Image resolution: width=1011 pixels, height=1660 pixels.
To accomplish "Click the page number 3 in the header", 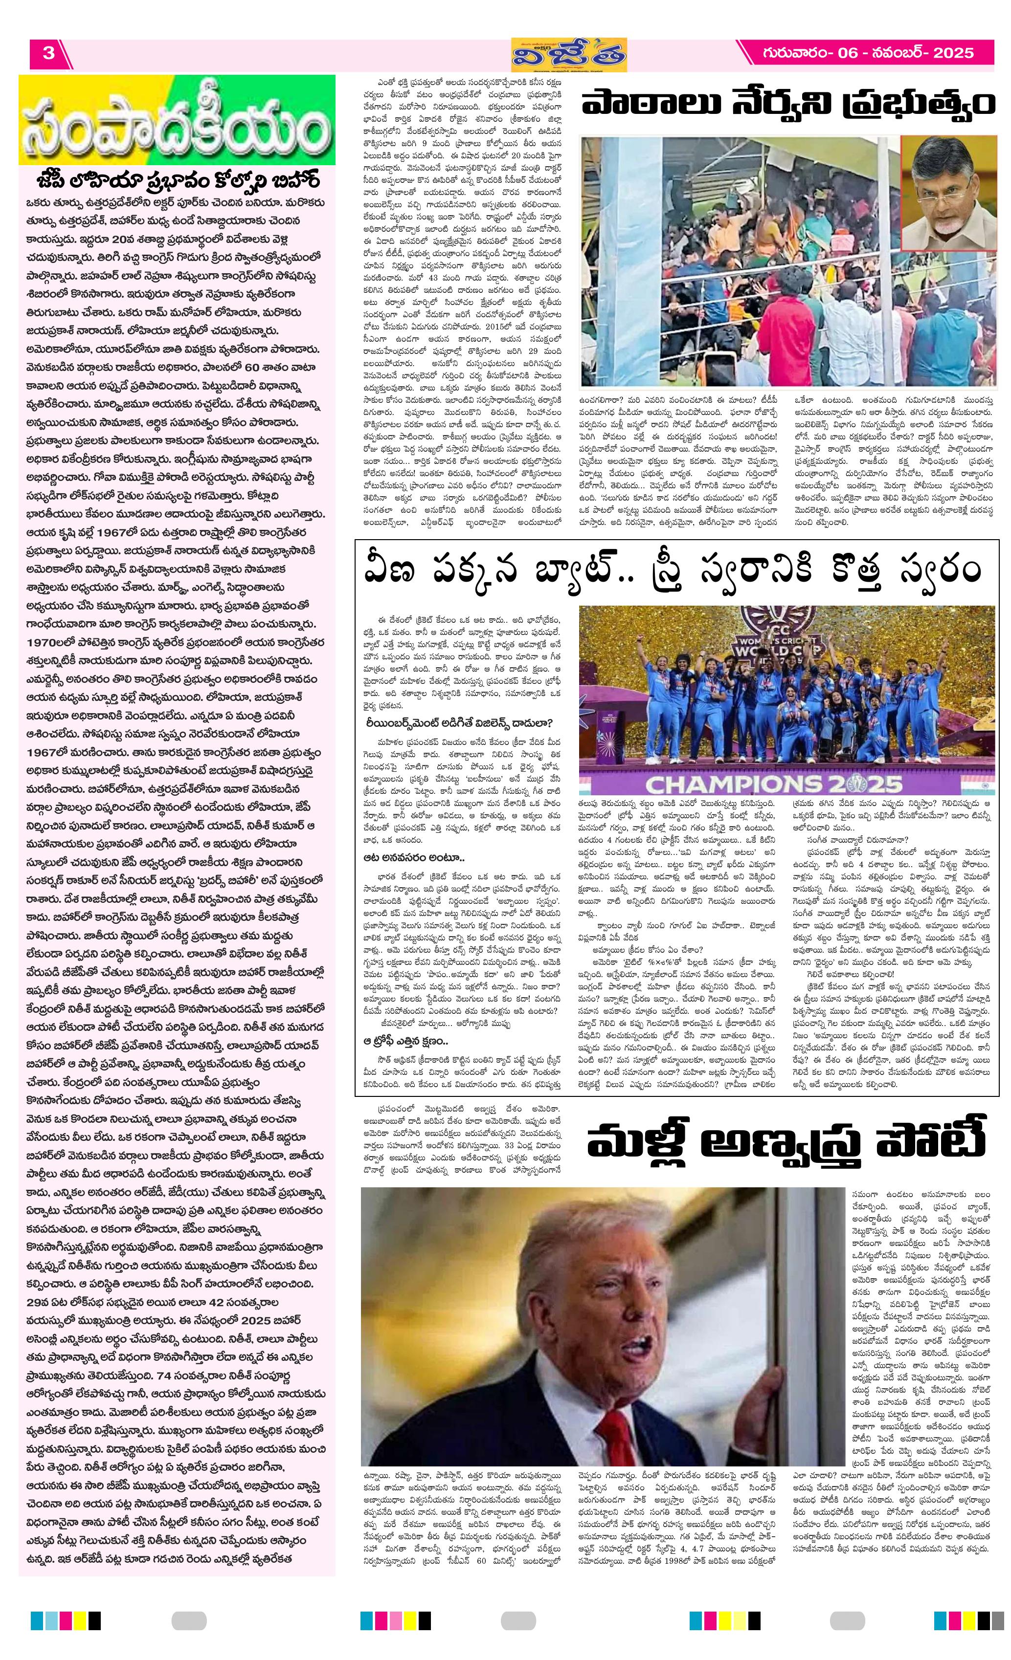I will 48,53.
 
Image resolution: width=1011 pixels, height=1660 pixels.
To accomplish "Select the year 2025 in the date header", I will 952,53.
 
